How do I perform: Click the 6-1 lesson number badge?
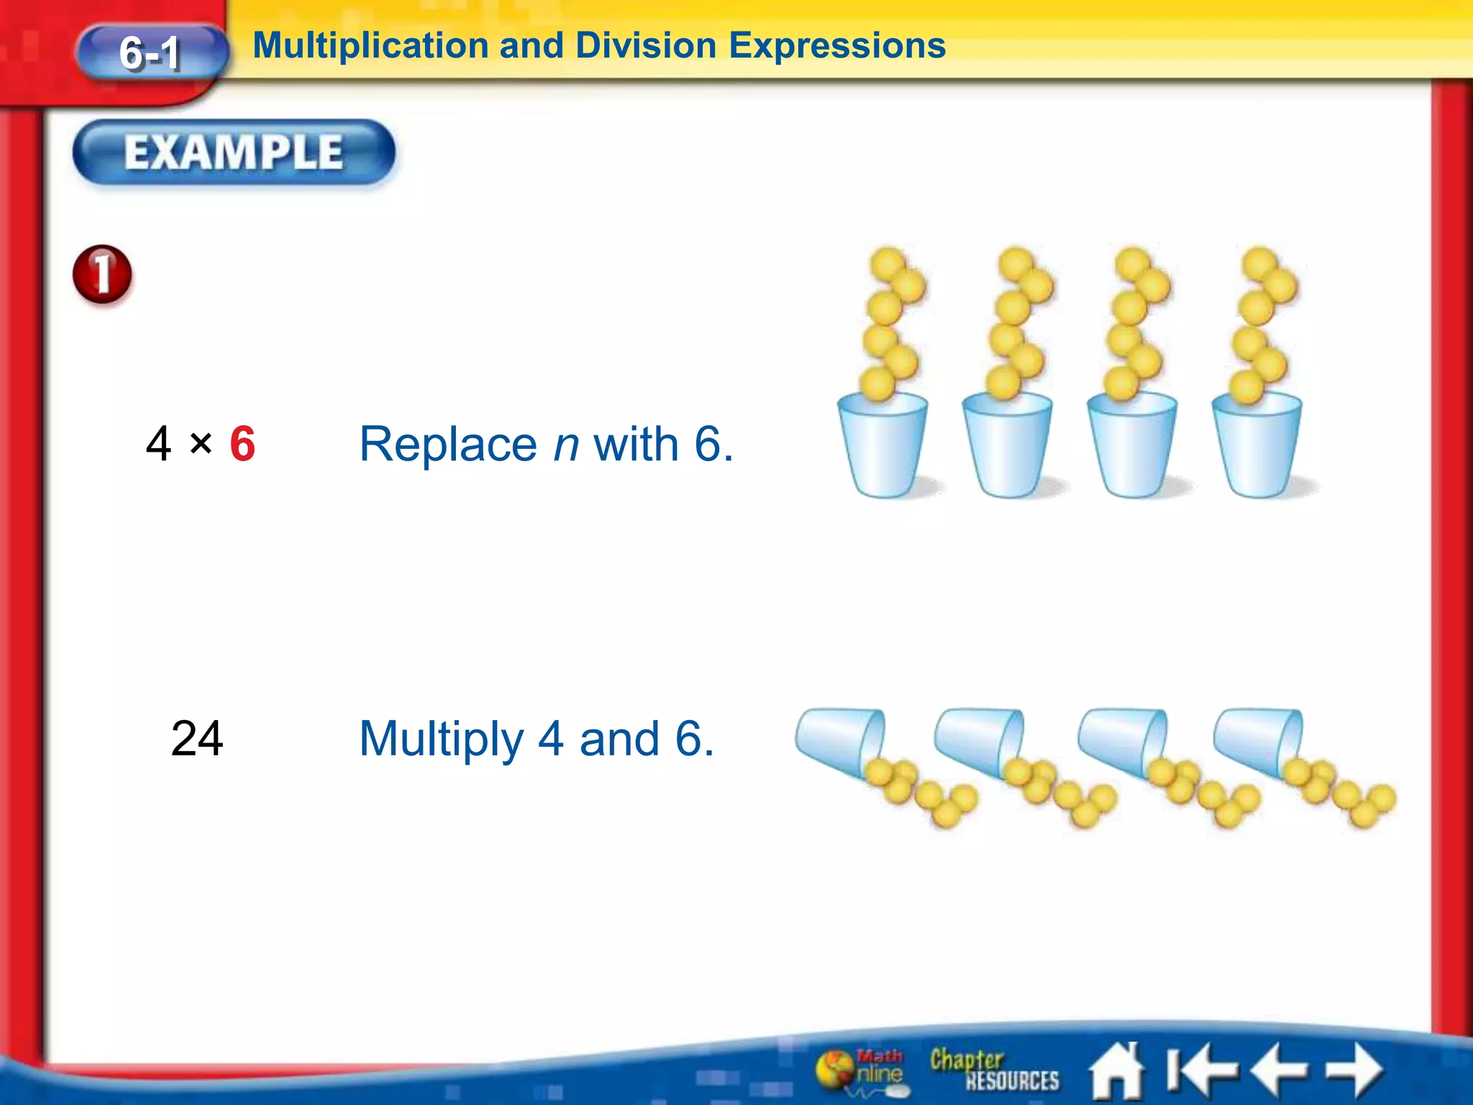point(151,53)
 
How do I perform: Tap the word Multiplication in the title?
point(371,46)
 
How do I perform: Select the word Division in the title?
point(646,46)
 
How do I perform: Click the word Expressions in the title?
point(837,46)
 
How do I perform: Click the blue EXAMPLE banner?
point(234,153)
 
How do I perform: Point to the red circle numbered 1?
point(102,275)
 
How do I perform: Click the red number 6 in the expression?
point(242,444)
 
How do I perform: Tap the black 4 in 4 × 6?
point(158,444)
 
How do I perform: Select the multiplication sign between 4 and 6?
point(201,443)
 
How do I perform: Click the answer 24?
point(197,739)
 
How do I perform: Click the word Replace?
point(447,444)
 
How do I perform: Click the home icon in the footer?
point(1116,1071)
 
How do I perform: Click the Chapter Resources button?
point(994,1070)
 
